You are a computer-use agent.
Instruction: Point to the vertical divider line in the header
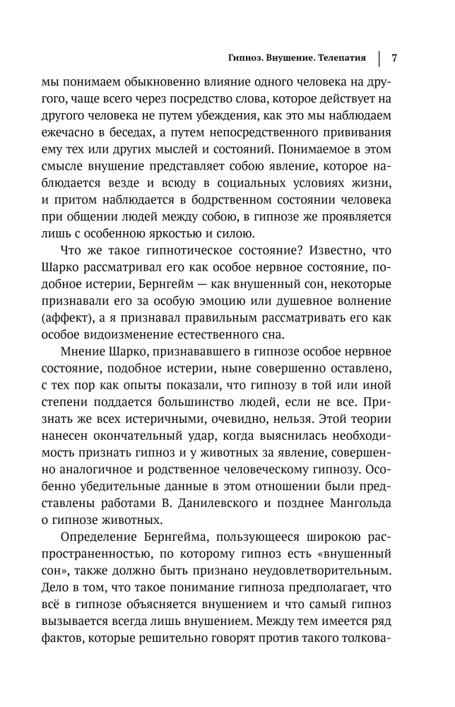(x=379, y=57)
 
